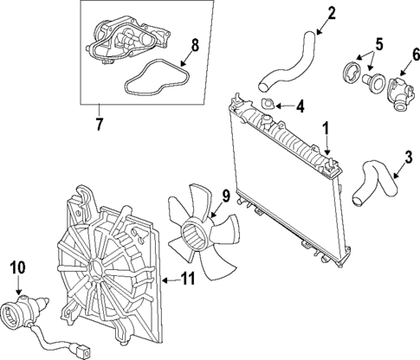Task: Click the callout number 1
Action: click(x=326, y=129)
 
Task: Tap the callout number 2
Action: click(x=332, y=14)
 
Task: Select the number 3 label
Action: click(x=409, y=158)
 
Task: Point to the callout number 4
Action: click(x=300, y=106)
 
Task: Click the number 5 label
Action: click(x=378, y=45)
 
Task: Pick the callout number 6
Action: click(x=415, y=55)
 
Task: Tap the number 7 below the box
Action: click(x=99, y=124)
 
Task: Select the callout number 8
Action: click(x=195, y=45)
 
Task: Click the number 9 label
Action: click(x=226, y=196)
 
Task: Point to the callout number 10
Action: click(x=18, y=267)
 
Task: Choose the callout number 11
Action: click(x=188, y=279)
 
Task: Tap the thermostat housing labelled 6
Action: click(x=401, y=94)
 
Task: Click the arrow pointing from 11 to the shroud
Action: click(x=171, y=280)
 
